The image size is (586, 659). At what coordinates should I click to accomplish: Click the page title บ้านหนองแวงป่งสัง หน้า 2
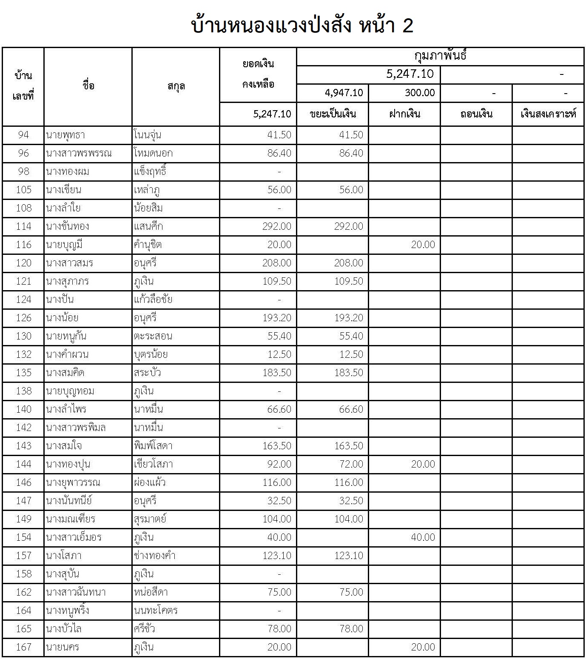click(302, 26)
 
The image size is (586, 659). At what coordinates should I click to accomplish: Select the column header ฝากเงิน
click(404, 114)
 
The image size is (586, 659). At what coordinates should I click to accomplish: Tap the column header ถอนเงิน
click(476, 114)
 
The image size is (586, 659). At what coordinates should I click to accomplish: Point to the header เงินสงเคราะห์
click(548, 114)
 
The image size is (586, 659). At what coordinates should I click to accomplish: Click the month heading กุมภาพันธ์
click(440, 56)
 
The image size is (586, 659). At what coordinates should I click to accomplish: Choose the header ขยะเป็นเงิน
click(333, 114)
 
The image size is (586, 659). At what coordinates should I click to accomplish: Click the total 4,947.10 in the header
click(344, 93)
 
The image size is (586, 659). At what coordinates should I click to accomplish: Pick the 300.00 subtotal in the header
click(420, 93)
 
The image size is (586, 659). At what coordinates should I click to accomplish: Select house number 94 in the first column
click(23, 135)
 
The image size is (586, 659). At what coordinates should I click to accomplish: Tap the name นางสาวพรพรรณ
click(79, 153)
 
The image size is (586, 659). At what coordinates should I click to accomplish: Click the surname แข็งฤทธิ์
click(150, 171)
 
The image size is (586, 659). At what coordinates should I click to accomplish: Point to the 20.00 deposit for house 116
click(423, 245)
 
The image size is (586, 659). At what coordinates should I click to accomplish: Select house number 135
click(23, 373)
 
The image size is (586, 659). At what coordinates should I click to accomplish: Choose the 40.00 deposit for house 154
click(423, 537)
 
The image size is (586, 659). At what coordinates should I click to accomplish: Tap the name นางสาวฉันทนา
click(76, 592)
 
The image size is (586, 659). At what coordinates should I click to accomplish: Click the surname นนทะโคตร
click(156, 611)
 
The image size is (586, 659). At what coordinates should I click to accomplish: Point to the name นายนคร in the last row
click(63, 647)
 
